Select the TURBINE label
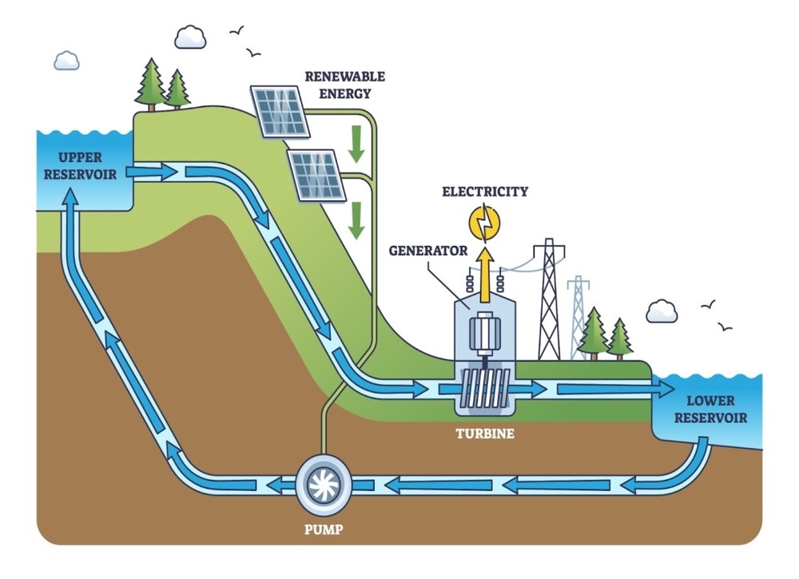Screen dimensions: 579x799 [x=485, y=434]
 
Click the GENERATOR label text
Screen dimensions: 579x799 [x=428, y=250]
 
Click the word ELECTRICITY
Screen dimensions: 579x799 [x=485, y=192]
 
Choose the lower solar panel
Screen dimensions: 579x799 [x=317, y=175]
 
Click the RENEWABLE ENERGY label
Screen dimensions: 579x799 [x=345, y=85]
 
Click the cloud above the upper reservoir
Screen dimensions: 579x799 [x=66, y=60]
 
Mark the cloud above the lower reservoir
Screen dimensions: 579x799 [x=662, y=311]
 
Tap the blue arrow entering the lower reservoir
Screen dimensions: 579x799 [x=615, y=390]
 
